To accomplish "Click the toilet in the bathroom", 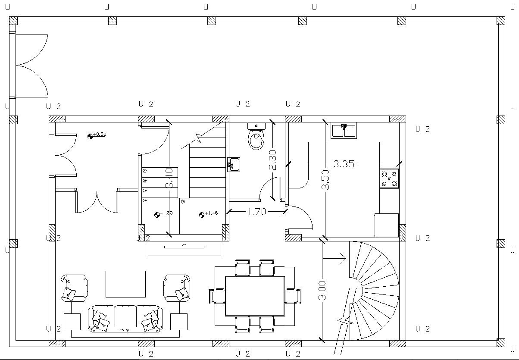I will coord(256,137).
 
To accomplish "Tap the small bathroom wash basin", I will coord(234,164).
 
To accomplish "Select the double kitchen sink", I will coord(344,130).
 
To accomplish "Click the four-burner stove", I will coord(389,178).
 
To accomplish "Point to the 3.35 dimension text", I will coord(344,164).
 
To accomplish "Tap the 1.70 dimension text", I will coord(257,212).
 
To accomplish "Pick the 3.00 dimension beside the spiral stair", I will coord(323,291).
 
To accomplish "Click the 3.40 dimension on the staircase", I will coord(170,178).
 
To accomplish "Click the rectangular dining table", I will coord(255,296).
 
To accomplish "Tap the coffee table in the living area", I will coord(125,284).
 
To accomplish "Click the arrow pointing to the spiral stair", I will coord(335,259).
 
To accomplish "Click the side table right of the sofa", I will coord(178,322).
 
